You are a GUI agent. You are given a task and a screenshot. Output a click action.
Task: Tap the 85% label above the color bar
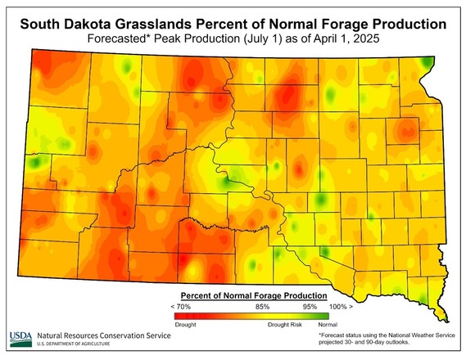point(263,305)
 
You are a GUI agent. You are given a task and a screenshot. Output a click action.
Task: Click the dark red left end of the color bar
point(180,315)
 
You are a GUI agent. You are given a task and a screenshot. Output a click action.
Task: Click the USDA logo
point(20,338)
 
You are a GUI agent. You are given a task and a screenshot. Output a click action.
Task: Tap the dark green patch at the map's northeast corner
point(426,63)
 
